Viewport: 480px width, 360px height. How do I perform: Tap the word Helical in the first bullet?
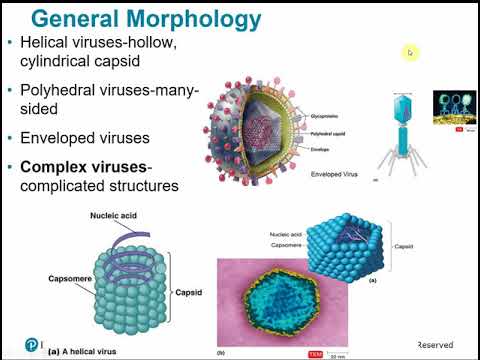click(x=49, y=46)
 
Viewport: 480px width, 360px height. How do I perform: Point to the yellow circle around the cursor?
click(x=410, y=53)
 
